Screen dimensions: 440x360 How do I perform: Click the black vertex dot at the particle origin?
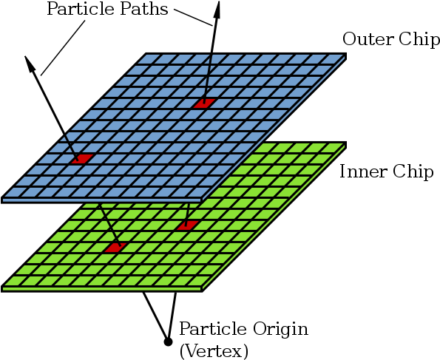[168, 342]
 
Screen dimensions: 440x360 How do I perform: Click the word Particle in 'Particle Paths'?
[81, 9]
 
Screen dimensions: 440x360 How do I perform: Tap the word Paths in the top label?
[144, 9]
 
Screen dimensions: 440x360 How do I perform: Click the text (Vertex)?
[214, 351]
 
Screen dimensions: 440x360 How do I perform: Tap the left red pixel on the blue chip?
[82, 158]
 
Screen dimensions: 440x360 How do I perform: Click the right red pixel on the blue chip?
[205, 103]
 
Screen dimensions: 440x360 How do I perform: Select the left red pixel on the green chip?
[115, 248]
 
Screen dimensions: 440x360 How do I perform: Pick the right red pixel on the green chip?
[187, 225]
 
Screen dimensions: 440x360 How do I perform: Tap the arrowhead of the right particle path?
[217, 10]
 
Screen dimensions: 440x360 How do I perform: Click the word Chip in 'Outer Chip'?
[419, 40]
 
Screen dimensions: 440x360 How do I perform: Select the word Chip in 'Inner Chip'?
[413, 171]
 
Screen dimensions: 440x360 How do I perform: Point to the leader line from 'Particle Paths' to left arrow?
[63, 48]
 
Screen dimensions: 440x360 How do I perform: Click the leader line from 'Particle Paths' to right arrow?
[193, 18]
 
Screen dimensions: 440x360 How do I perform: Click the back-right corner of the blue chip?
[345, 53]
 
